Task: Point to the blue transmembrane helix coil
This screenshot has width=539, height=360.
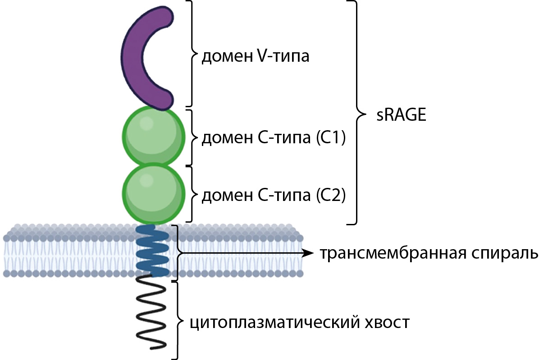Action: (x=153, y=252)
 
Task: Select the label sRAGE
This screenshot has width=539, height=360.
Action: (x=401, y=115)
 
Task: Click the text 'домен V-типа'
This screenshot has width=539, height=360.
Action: (x=255, y=57)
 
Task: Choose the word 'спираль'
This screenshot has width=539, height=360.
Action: (x=509, y=254)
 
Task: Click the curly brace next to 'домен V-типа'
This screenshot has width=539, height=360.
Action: (x=193, y=54)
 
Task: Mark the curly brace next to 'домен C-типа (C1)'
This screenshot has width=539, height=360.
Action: (x=193, y=137)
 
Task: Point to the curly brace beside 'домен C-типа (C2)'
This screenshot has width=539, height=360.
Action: (x=193, y=195)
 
